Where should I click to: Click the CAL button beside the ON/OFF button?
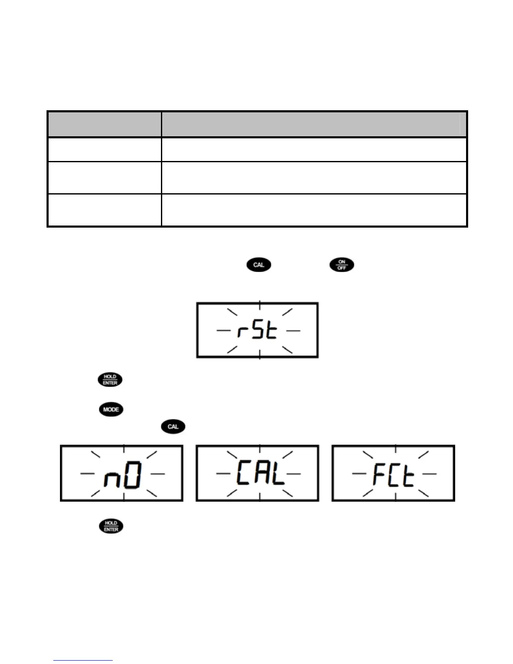pos(259,265)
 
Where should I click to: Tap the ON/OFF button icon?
pos(342,265)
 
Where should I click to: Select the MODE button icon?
pos(111,409)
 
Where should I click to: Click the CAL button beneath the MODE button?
pos(173,427)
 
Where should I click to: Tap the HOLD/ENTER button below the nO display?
pos(111,526)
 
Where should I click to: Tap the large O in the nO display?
pos(133,475)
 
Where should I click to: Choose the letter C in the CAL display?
pos(244,473)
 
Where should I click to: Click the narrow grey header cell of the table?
pos(104,124)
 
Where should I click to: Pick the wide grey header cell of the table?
pos(314,124)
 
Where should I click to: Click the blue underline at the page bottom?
pos(83,660)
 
